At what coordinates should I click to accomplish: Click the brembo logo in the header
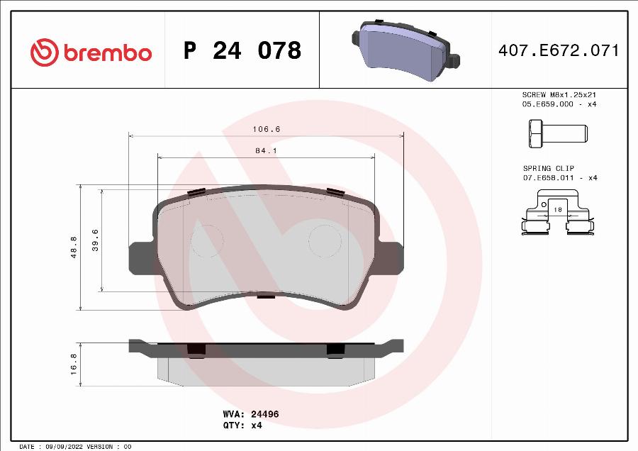[x=90, y=51]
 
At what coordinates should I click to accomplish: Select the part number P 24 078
[x=242, y=51]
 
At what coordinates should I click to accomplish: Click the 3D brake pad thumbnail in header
[x=406, y=47]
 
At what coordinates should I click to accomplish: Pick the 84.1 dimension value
[x=267, y=150]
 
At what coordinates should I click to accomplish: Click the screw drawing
[x=556, y=133]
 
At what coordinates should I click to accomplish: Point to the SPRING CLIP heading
[x=548, y=168]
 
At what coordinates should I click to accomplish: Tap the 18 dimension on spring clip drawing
[x=557, y=210]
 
